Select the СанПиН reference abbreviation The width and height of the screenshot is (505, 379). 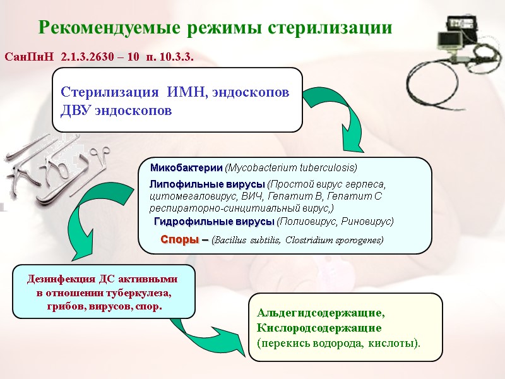click(30, 57)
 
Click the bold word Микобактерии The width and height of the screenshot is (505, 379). click(186, 168)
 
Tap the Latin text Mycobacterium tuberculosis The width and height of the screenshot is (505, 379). click(290, 168)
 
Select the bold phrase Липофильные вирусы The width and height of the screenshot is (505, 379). click(207, 184)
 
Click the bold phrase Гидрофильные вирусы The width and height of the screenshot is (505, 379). click(214, 222)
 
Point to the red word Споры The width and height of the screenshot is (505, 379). click(179, 240)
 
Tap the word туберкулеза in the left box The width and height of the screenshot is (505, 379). click(140, 293)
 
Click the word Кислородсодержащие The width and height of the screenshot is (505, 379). click(319, 328)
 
